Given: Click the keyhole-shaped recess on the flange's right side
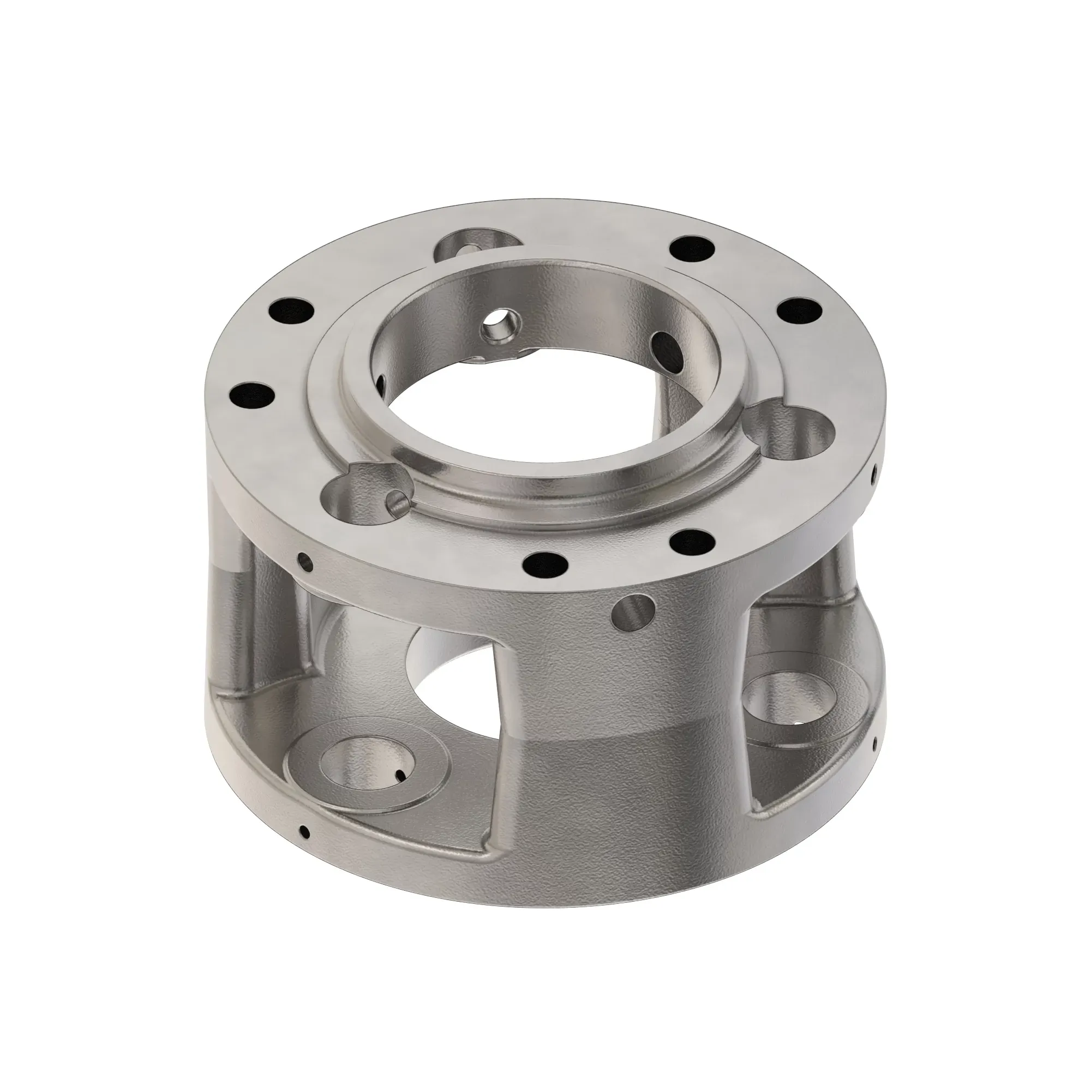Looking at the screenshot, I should tap(793, 437).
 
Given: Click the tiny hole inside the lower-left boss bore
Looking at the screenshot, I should tap(400, 775).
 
